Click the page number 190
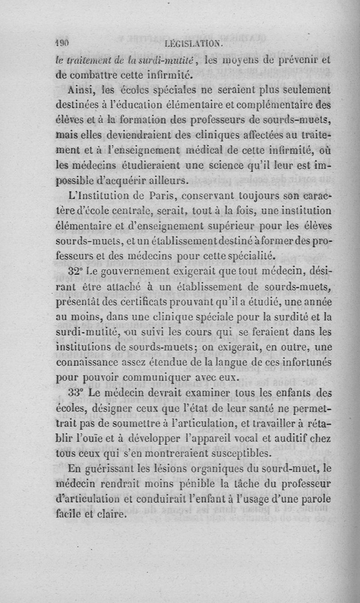tap(61, 44)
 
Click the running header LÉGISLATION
tap(193, 44)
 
